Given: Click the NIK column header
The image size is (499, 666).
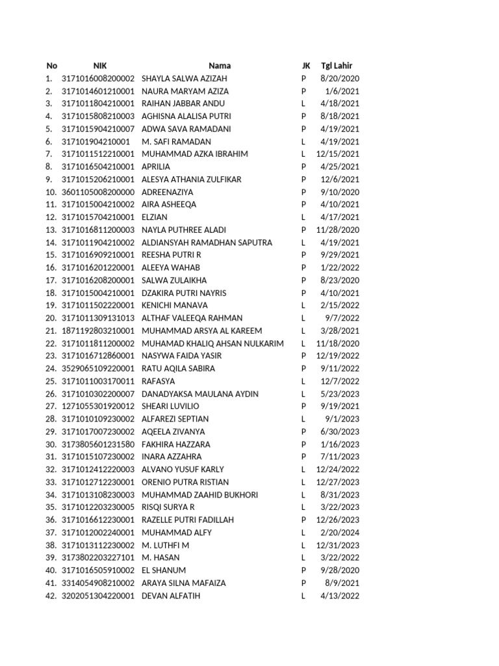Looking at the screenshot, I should pos(100,66).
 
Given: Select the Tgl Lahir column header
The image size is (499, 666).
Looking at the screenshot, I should pos(337,66).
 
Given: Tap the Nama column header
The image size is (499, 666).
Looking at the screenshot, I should pos(220,66).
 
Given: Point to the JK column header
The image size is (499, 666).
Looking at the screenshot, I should pos(306,66).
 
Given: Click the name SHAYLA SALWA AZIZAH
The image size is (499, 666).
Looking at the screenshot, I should pos(185,78).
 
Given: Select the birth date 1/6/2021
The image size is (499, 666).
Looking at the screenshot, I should pos(345,91).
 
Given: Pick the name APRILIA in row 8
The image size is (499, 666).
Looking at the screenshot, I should pos(156,166).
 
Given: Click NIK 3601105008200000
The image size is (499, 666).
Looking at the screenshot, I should pos(98,192).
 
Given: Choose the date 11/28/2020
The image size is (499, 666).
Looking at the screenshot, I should pos(338,230).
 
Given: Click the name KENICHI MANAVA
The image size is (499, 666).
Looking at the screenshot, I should pos(175,305).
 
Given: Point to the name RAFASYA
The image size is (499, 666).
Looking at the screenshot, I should pos(158,381).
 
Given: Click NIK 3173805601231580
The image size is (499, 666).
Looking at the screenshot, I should pos(98,444).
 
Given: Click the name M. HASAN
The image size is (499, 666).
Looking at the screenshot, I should pos(160,558).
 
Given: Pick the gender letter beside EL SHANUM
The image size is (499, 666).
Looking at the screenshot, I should pos(303,570).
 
